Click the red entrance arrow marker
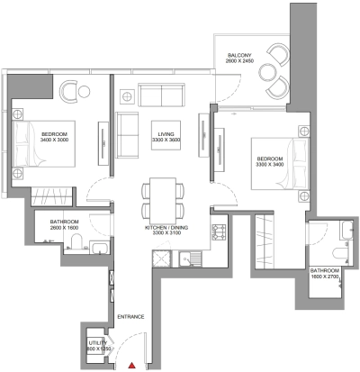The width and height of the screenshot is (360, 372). click(133, 365)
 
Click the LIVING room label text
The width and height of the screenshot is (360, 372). click(164, 132)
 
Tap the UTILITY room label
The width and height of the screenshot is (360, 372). click(97, 344)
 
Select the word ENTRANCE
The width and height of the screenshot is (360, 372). click(133, 317)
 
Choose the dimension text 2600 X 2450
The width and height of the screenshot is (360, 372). click(241, 61)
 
